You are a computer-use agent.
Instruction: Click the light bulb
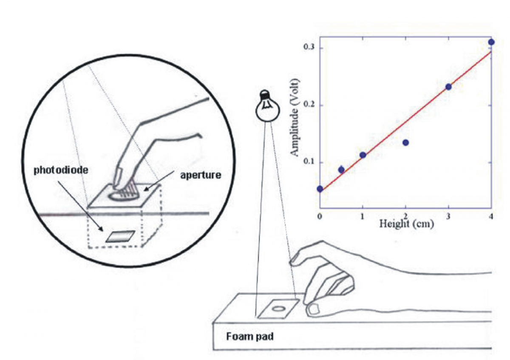266,106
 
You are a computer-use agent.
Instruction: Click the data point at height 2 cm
405,142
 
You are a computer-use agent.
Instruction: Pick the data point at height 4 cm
491,42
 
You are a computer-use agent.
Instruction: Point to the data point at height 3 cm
448,87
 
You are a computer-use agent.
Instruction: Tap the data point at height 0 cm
320,189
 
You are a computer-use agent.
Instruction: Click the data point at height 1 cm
363,155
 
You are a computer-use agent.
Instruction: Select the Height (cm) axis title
405,224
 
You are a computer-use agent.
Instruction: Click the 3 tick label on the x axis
448,215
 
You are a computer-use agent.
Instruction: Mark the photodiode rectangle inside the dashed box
121,236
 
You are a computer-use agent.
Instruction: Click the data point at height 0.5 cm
341,170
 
